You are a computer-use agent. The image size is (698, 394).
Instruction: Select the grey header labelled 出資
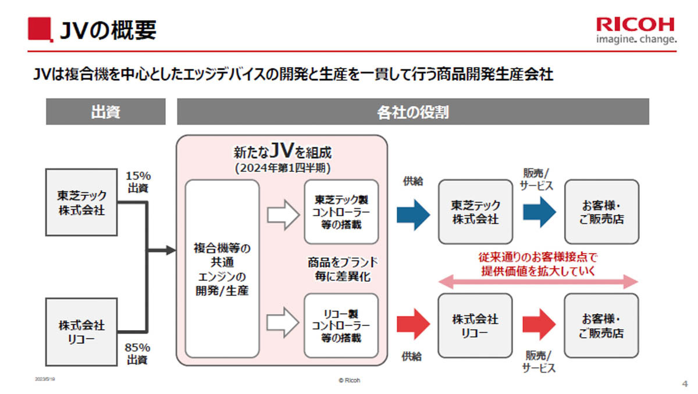point(105,112)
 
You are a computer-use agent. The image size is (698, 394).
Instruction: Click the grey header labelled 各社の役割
point(412,112)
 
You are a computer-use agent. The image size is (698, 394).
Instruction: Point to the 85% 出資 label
point(138,353)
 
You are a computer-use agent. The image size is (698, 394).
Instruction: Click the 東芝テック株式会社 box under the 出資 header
point(82,202)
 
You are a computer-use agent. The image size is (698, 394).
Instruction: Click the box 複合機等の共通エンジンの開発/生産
point(222,268)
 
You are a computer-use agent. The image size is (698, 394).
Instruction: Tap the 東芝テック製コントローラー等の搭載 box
point(341,212)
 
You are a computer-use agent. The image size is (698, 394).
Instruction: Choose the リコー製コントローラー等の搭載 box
point(341,325)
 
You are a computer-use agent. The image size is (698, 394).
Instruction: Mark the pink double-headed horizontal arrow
point(537,282)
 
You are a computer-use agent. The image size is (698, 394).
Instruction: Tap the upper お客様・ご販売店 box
point(601,212)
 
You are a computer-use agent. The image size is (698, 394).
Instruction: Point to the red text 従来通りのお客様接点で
point(538,256)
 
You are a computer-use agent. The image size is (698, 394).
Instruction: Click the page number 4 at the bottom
point(684,384)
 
